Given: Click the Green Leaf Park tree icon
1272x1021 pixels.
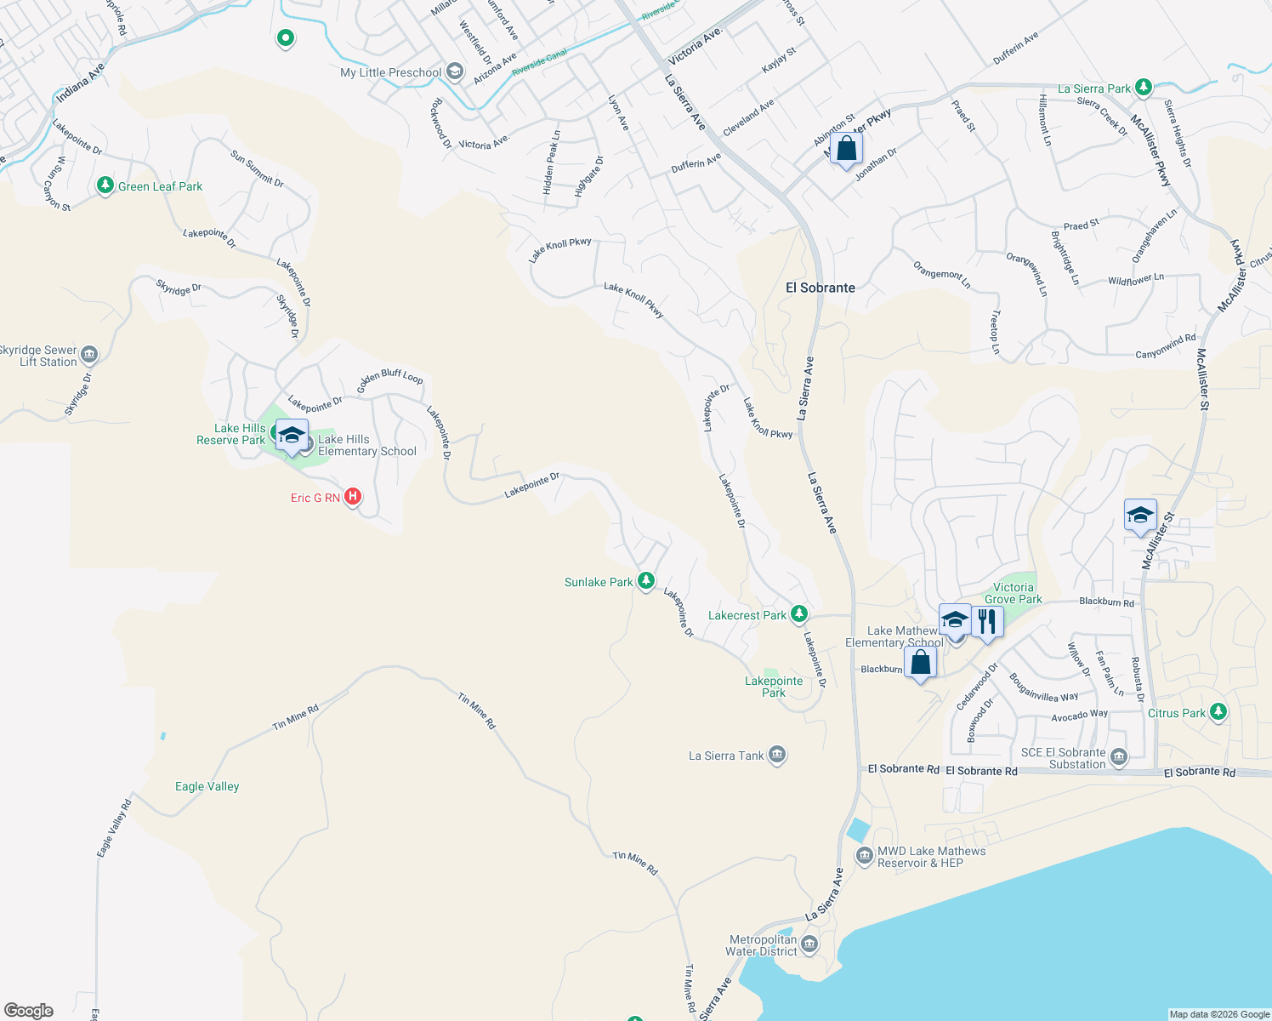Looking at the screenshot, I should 105,185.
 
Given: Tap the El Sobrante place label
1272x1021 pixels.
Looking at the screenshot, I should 820,288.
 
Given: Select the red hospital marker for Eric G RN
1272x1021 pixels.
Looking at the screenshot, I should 352,497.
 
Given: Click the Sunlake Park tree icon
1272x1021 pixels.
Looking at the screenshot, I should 646,581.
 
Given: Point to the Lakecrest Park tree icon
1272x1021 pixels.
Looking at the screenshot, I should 798,613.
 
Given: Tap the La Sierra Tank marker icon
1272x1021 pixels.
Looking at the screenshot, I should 776,755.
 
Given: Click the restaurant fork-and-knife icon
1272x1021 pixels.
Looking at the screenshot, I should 986,620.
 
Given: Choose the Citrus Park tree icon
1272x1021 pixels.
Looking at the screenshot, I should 1218,711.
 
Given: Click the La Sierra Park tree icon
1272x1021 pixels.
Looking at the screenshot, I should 1144,87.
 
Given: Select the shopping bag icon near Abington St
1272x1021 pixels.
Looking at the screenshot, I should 846,149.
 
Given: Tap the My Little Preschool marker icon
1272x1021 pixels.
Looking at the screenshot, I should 455,71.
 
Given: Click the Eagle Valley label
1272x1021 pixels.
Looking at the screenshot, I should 207,786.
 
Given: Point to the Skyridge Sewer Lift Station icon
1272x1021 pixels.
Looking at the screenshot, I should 89,355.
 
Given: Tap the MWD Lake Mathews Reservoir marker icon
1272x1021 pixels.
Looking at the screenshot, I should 865,855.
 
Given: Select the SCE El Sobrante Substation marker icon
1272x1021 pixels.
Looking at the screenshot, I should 1119,756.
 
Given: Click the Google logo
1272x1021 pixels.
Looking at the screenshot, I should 29,1011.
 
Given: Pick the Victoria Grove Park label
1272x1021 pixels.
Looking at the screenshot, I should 1013,593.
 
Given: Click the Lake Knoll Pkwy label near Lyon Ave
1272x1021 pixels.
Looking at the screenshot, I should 559,249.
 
